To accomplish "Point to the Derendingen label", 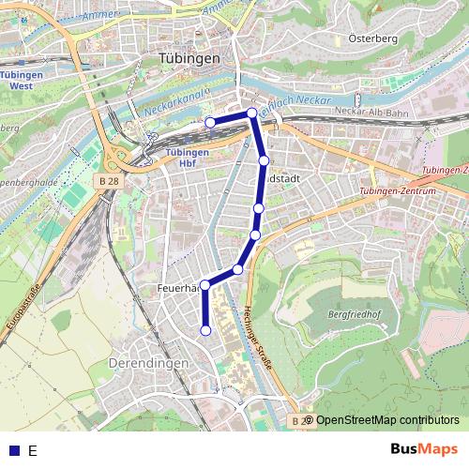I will coord(148,362).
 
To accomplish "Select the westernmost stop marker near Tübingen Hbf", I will coord(210,122).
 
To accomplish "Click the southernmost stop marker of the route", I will coord(205,329).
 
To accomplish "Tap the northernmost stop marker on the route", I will coord(252,113).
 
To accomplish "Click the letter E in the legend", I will coord(33,450).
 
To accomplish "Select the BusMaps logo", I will coord(425,449).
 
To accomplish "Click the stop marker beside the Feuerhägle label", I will coord(205,285).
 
